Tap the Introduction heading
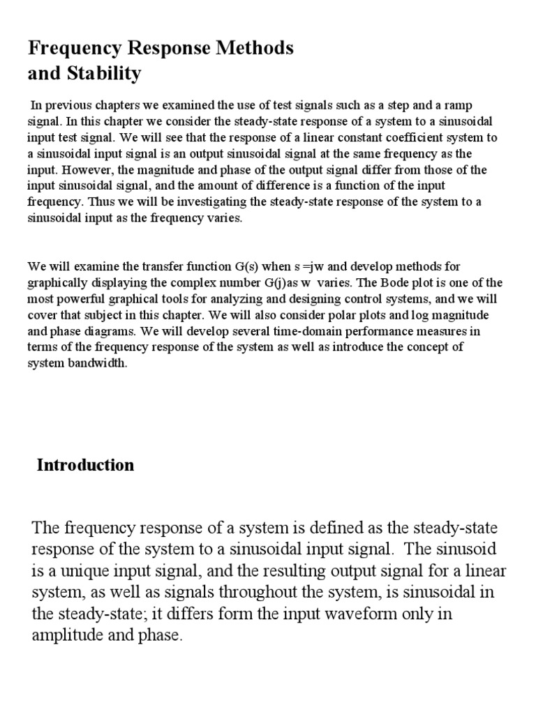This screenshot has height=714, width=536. (85, 465)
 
